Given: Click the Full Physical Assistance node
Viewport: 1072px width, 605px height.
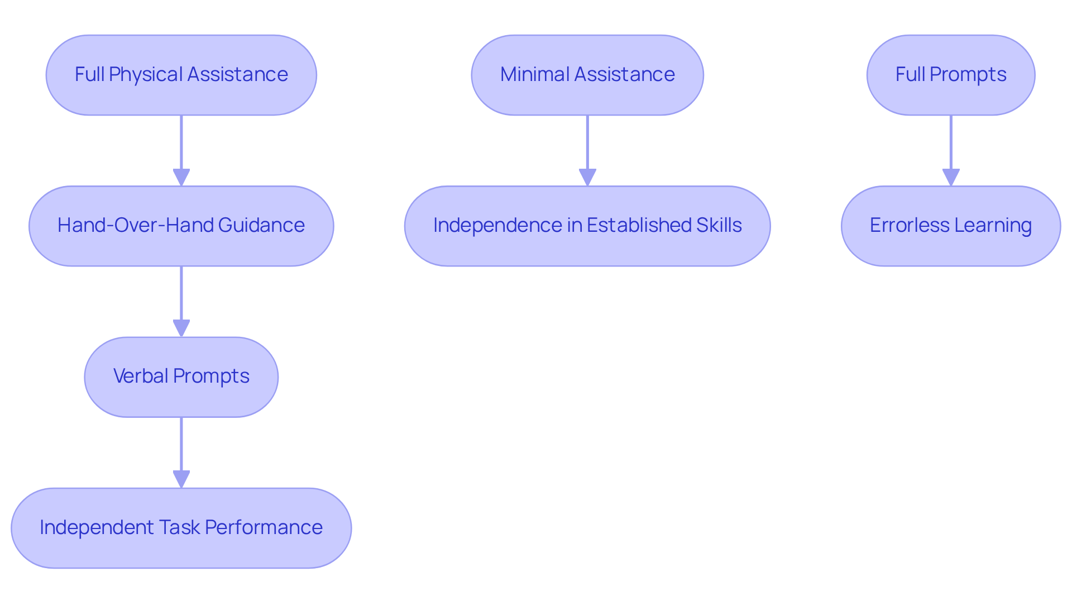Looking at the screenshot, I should click(x=181, y=75).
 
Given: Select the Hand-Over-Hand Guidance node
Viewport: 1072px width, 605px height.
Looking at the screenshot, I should click(x=181, y=226).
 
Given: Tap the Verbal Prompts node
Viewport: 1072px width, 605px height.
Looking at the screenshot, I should click(x=181, y=377).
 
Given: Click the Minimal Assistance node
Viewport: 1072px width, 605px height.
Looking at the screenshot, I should click(x=587, y=75).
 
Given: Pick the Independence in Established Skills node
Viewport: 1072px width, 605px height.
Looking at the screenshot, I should click(x=587, y=226).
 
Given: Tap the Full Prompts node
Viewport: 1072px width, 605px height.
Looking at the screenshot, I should click(x=951, y=75).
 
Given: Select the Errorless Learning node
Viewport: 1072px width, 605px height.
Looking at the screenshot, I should click(x=951, y=226).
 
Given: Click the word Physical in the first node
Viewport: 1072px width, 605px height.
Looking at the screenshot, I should click(x=146, y=74).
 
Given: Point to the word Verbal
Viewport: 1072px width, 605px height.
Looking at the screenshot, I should click(x=141, y=376).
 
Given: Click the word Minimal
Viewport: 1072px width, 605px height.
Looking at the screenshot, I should click(x=534, y=74).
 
